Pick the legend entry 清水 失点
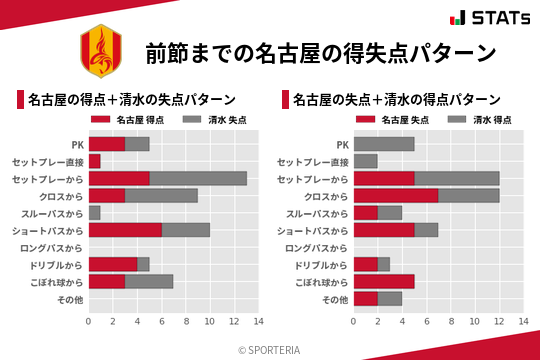(216, 120)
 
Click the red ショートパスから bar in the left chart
(125, 230)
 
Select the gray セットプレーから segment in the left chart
(198, 178)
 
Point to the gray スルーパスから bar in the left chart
(94, 213)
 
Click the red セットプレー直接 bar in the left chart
(94, 161)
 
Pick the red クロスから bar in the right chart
(396, 195)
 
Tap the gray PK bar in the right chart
(384, 144)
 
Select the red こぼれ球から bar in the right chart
(384, 282)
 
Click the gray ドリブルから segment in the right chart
(384, 264)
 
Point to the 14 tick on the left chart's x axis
(258, 321)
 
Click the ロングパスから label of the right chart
(315, 247)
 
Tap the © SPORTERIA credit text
(270, 349)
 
